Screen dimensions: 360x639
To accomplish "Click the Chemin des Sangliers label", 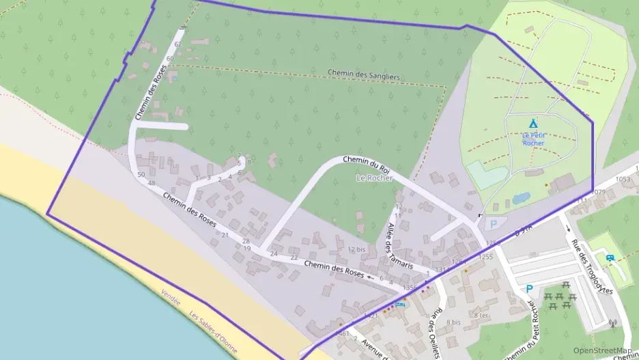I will pos(363,74).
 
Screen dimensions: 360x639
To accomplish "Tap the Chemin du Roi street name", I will pos(366,164).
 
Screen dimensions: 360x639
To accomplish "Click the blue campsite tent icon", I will pos(533,124).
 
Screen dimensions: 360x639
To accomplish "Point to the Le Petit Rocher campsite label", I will pos(533,139).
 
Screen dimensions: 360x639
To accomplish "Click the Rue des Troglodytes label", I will pos(592,267).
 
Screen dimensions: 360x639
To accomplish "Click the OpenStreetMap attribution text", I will pos(602,351).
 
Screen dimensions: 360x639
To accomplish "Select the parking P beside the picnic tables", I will pos(528,290).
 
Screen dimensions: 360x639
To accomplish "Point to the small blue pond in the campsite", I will pos(520,198).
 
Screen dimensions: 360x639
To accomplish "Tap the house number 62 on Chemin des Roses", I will pos(178,44).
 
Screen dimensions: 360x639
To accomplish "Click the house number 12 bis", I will pos(356,249).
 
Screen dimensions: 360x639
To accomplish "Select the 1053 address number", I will pos(622,179).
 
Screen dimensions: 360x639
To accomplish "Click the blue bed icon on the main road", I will pos(400,303).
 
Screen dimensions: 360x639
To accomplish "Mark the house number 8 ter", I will pos(481,315).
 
